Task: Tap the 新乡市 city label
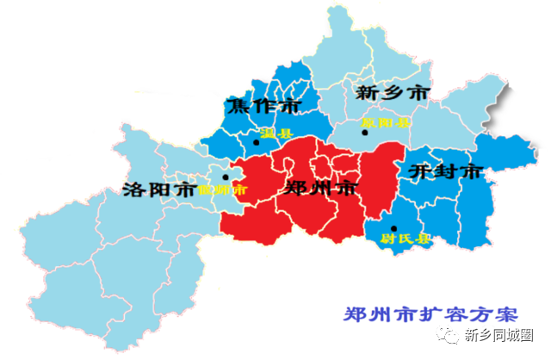392,91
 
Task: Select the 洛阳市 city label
158,189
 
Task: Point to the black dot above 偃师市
226,177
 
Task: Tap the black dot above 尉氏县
393,227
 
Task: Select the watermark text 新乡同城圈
511,335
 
